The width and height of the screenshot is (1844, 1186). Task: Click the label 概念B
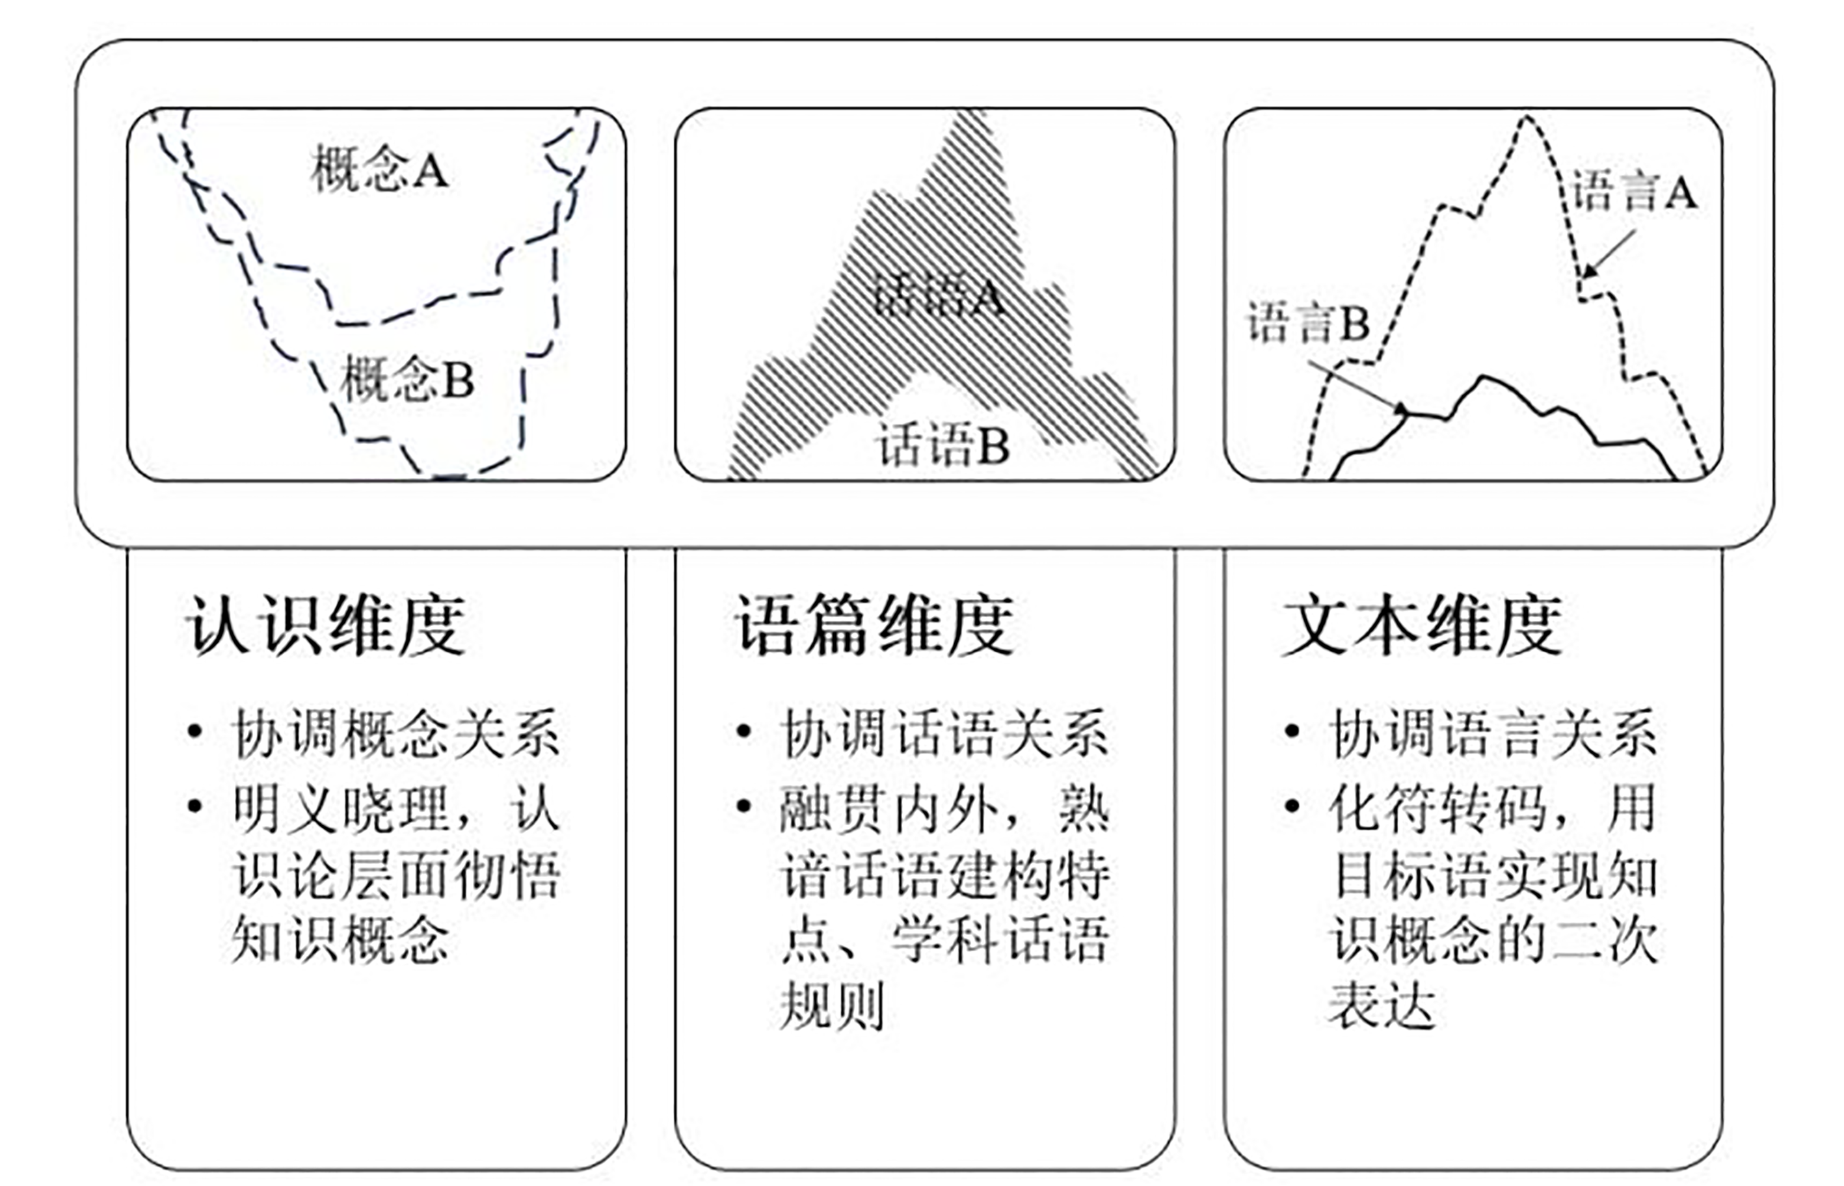tap(407, 378)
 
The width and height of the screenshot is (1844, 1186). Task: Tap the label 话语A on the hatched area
tap(938, 295)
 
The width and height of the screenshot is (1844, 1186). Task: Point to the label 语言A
tap(1634, 191)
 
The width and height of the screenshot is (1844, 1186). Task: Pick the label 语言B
tap(1309, 322)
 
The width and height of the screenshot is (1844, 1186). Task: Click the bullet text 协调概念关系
tap(396, 732)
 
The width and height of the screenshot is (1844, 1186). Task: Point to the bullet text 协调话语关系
tap(944, 732)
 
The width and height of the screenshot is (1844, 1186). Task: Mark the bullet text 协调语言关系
tap(1494, 732)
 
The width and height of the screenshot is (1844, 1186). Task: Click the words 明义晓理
tap(341, 809)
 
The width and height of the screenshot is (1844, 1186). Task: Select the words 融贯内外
tap(889, 809)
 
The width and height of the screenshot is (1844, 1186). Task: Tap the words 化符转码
tap(1438, 809)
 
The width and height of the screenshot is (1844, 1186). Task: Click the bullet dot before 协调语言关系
tap(1292, 731)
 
